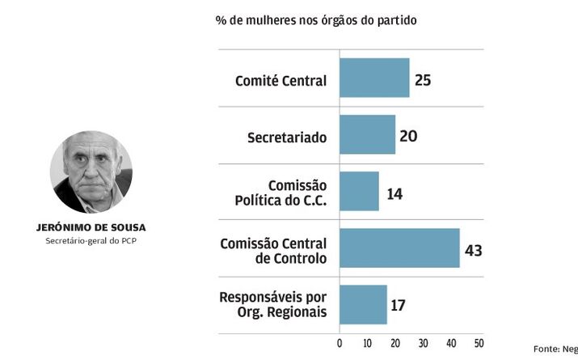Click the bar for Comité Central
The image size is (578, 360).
(374, 78)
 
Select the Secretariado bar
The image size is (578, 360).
(367, 135)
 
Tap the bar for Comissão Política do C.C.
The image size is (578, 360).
(359, 192)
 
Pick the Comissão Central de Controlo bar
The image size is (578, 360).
(399, 248)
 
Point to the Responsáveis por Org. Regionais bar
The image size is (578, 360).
(363, 305)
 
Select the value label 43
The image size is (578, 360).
(474, 249)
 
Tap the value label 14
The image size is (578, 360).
(394, 193)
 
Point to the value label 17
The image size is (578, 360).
(397, 306)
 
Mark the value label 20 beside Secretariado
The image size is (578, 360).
(408, 136)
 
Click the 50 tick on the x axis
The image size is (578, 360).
(479, 343)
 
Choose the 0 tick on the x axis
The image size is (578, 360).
(340, 343)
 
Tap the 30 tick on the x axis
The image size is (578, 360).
(423, 343)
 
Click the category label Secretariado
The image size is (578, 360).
(287, 138)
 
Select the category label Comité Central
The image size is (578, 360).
(281, 81)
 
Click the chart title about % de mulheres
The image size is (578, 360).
(316, 19)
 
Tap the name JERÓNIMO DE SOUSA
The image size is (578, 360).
(91, 227)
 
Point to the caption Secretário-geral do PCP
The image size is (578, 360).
(91, 241)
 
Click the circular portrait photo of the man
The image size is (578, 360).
(91, 172)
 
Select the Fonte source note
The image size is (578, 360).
(558, 348)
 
